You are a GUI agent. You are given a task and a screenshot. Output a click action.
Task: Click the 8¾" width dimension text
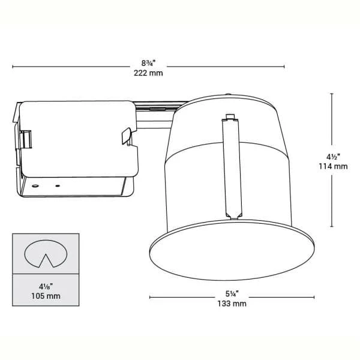tap(149, 63)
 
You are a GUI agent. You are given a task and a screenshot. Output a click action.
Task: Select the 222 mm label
tap(149, 73)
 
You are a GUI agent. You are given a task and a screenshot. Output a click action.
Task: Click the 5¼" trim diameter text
tap(230, 294)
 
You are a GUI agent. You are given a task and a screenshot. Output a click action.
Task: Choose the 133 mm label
tap(230, 304)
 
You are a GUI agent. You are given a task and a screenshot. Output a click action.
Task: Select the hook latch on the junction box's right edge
tap(126, 136)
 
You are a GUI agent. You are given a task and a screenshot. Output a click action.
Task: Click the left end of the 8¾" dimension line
tap(13, 67)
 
